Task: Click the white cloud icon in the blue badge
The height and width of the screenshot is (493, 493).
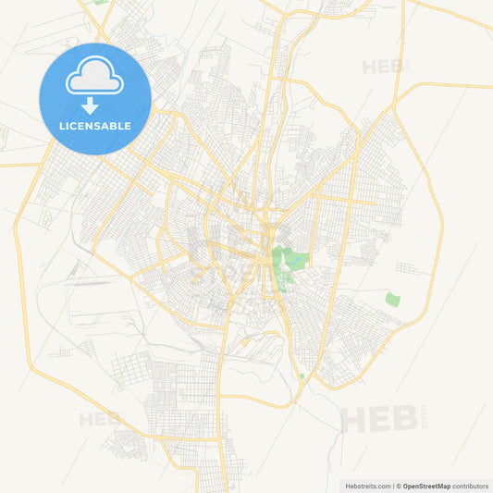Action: pyautogui.click(x=94, y=80)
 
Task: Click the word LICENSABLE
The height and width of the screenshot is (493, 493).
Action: pyautogui.click(x=94, y=126)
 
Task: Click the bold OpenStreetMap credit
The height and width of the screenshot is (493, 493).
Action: pyautogui.click(x=425, y=486)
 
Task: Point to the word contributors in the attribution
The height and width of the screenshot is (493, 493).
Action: pyautogui.click(x=471, y=486)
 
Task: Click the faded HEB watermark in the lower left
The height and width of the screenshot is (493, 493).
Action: pyautogui.click(x=100, y=419)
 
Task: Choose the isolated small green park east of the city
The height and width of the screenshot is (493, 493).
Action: pyautogui.click(x=393, y=300)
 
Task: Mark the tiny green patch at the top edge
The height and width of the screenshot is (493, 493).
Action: pyautogui.click(x=100, y=3)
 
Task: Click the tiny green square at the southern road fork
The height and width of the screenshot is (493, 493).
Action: pyautogui.click(x=302, y=376)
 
